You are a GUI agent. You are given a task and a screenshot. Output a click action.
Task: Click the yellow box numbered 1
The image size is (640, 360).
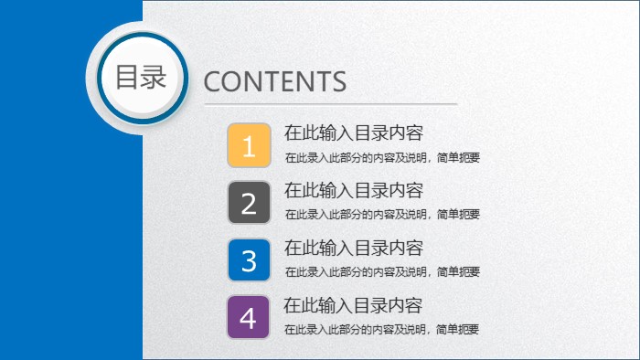click(249, 145)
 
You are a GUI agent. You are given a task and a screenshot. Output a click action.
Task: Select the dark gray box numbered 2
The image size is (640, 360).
click(249, 203)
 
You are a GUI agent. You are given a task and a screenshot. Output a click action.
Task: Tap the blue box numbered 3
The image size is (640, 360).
click(249, 260)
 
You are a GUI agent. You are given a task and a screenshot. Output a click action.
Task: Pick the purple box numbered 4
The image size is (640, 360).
click(249, 318)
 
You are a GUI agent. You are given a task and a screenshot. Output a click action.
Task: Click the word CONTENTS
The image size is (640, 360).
click(274, 81)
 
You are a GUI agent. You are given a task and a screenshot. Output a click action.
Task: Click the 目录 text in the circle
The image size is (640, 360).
click(140, 77)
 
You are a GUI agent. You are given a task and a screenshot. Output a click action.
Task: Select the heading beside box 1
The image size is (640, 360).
click(354, 133)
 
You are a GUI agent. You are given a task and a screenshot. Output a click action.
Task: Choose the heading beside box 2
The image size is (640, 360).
click(354, 191)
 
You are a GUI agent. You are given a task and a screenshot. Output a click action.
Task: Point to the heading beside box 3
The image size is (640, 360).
click(354, 248)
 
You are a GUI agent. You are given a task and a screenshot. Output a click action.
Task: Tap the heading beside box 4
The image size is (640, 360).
click(353, 305)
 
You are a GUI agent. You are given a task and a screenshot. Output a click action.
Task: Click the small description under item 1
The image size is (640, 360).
click(382, 157)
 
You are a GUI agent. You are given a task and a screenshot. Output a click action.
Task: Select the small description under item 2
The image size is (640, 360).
click(382, 215)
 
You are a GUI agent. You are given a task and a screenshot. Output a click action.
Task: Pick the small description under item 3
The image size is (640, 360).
click(382, 272)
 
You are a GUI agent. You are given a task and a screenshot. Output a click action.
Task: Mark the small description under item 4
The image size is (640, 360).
click(382, 330)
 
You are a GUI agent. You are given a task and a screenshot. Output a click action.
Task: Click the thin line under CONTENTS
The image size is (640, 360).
click(329, 105)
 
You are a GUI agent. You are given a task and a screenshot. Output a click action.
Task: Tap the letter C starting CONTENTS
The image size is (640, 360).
click(212, 81)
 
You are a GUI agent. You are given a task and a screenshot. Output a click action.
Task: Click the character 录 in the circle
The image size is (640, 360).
click(153, 77)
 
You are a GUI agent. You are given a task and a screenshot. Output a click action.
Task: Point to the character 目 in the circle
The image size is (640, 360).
click(127, 77)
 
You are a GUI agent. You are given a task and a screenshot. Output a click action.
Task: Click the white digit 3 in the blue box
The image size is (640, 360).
click(249, 261)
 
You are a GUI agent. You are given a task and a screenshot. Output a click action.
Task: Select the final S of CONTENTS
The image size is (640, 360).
click(339, 81)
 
